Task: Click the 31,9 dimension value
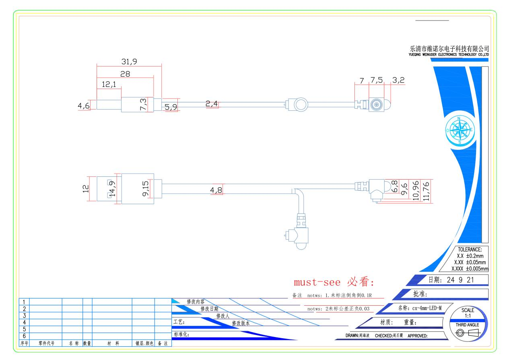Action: [129, 61]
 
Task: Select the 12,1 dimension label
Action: [109, 85]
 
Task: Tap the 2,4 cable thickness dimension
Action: [212, 104]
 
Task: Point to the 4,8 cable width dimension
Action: [216, 190]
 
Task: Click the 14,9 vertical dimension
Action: [113, 189]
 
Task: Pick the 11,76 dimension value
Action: [426, 191]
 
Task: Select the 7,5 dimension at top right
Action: [377, 80]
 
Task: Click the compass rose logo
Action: [460, 130]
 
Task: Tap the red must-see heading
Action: [334, 282]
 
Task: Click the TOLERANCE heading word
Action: [470, 250]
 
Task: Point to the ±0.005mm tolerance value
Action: [477, 269]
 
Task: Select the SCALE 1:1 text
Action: [468, 313]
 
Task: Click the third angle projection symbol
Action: [468, 333]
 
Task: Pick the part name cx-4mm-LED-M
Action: [427, 308]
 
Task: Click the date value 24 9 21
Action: [460, 280]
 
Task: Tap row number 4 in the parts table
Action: [24, 323]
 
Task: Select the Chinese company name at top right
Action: [449, 49]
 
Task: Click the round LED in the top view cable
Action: [301, 105]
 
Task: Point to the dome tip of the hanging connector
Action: [301, 246]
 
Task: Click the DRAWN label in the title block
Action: [352, 335]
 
